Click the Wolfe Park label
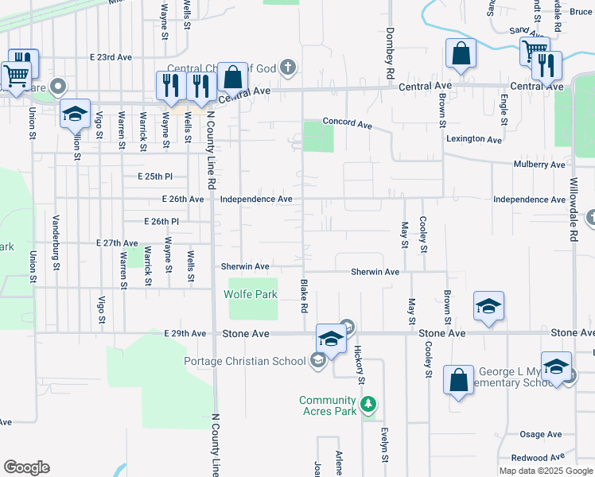251,294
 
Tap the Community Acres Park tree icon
367,405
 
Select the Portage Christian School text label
244,362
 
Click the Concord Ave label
347,125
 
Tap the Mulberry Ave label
539,165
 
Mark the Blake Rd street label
303,295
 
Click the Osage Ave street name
542,434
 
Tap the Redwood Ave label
540,458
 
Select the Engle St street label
504,111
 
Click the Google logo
26,467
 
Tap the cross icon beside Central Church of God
287,68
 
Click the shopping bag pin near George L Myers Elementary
459,380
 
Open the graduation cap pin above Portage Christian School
330,337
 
